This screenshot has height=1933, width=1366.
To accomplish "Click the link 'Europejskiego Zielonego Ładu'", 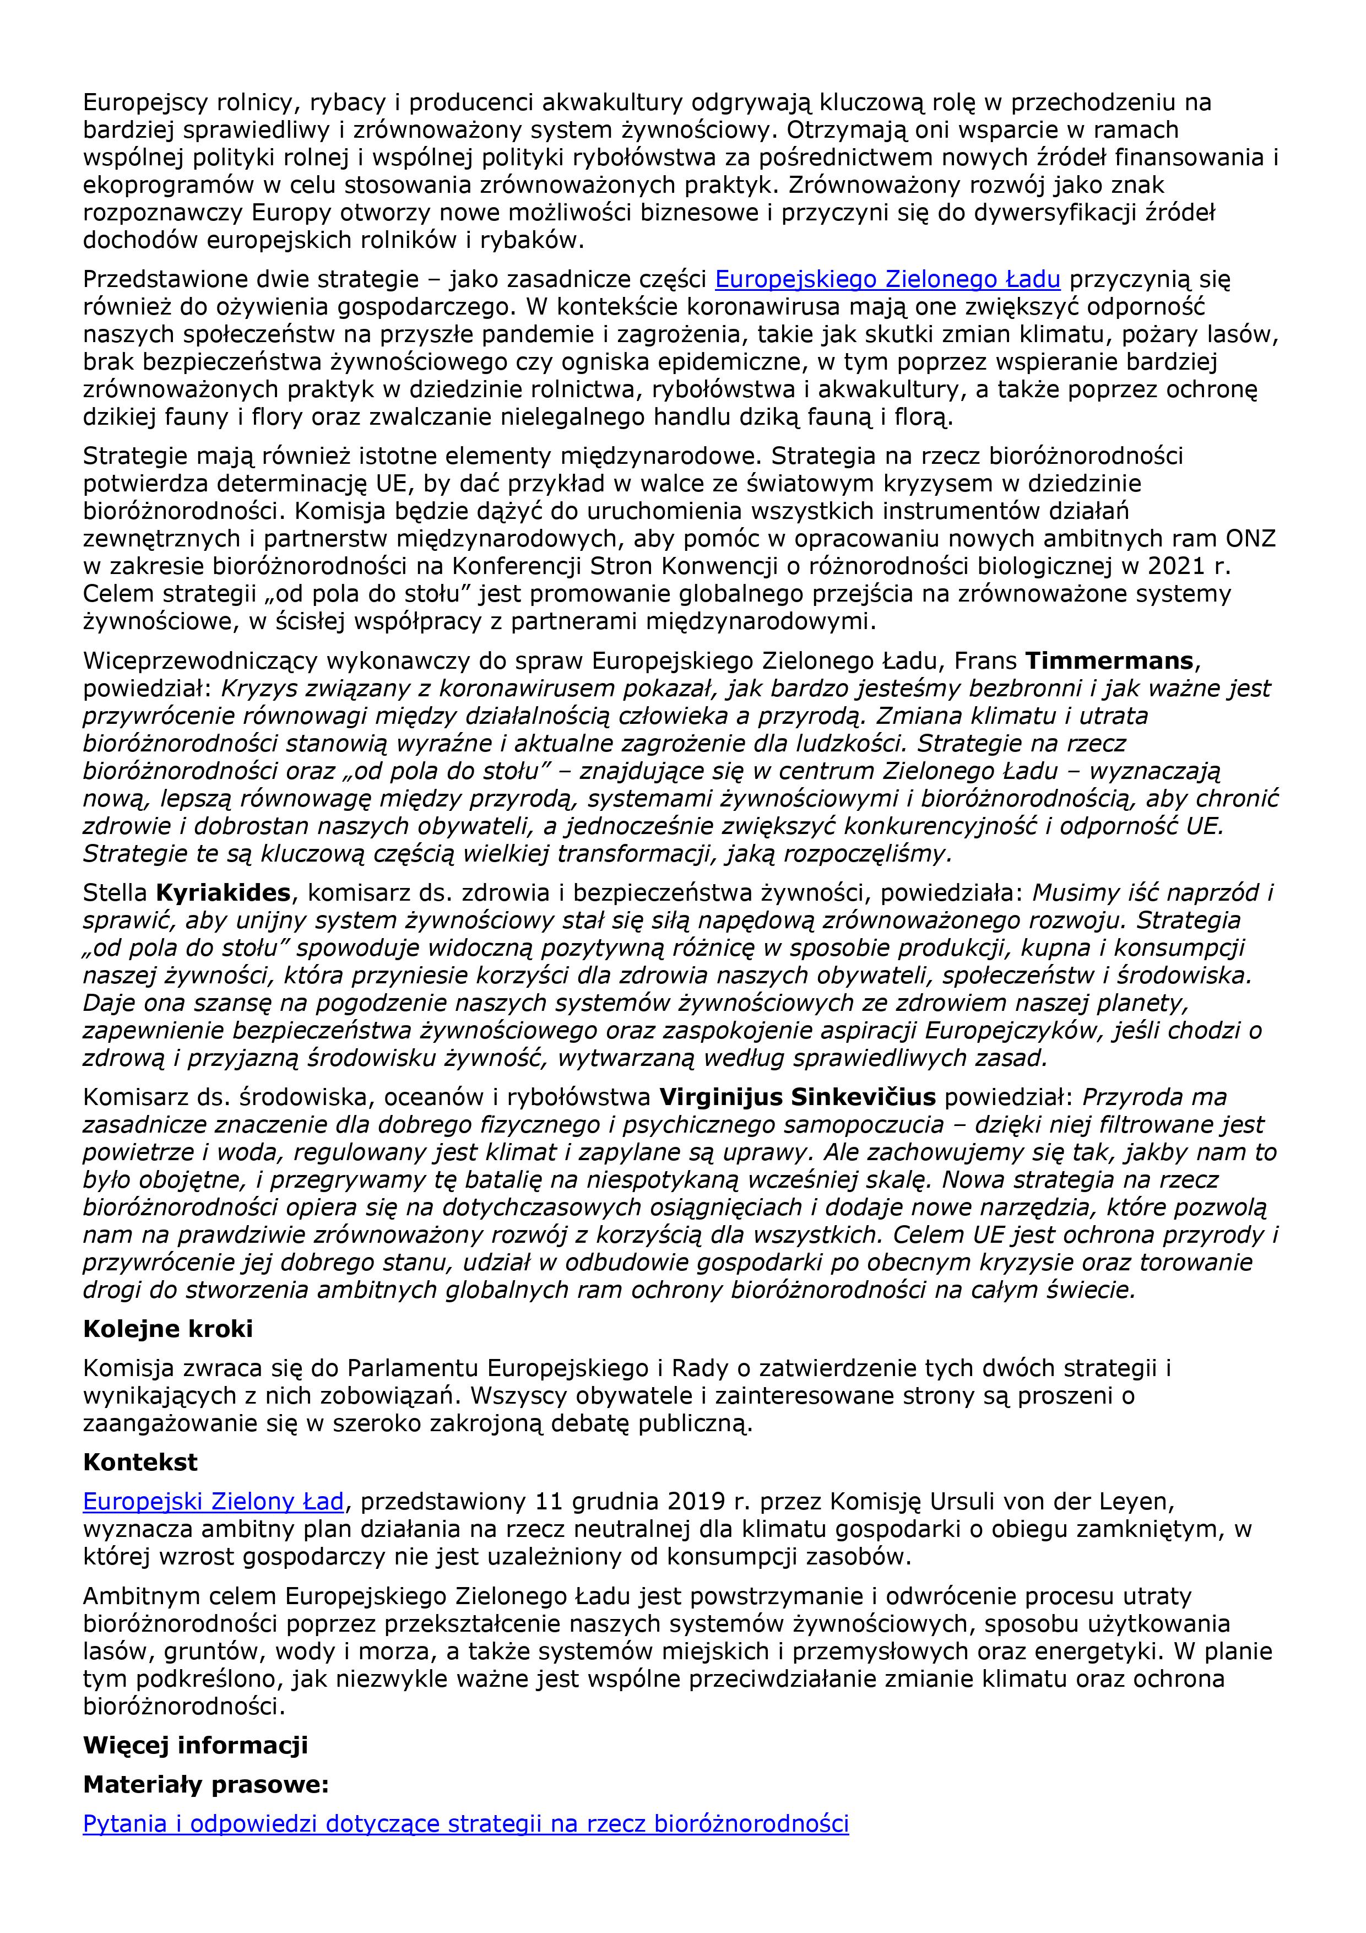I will tap(887, 279).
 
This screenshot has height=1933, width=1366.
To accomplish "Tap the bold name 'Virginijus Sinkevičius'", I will tap(797, 1097).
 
